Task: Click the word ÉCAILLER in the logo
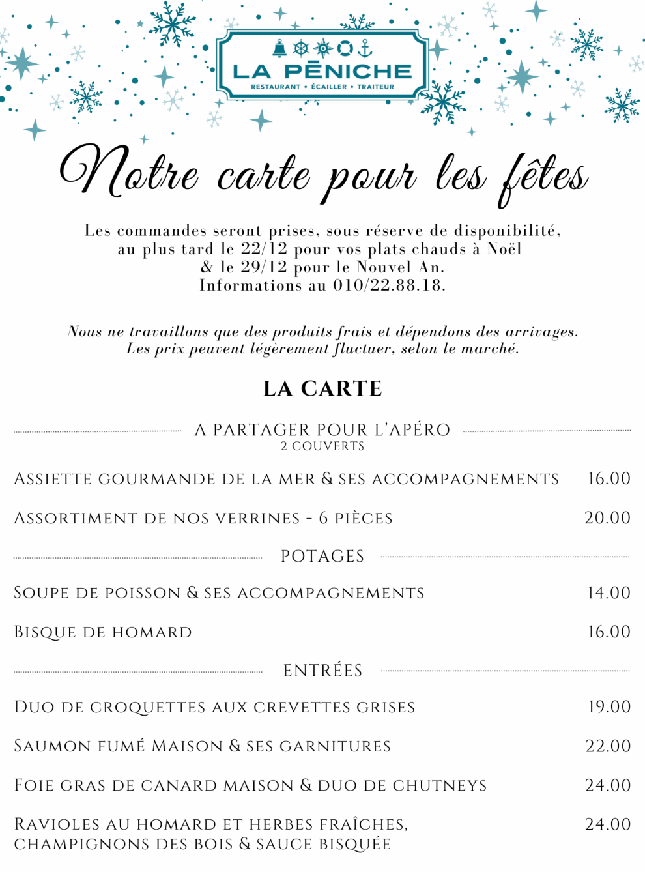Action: pos(329,87)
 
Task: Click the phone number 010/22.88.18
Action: pos(389,285)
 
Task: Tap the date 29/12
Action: pos(263,267)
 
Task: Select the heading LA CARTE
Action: pos(322,388)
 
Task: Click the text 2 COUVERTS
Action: pos(322,446)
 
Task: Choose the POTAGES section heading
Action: pos(322,557)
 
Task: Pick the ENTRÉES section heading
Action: pos(322,671)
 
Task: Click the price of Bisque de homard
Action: pos(609,632)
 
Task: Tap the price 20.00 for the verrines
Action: pos(607,518)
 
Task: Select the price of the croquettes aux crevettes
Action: pos(609,707)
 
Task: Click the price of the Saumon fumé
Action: pos(608,746)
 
